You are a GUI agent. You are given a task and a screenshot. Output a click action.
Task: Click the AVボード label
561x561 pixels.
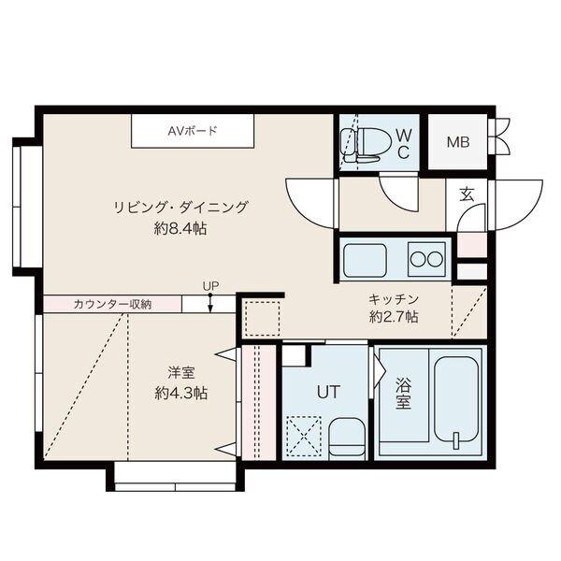193,131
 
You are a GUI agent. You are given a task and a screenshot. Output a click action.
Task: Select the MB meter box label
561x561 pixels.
457,142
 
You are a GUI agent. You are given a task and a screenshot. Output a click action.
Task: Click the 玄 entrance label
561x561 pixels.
466,194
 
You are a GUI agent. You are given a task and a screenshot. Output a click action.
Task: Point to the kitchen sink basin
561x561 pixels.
365,260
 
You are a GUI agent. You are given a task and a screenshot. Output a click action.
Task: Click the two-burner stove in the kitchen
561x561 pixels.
426,259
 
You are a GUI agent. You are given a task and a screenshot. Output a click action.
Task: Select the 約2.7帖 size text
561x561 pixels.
393,317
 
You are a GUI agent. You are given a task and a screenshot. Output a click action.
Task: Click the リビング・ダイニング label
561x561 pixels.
181,208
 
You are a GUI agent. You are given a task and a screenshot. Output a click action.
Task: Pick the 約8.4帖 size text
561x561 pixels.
181,229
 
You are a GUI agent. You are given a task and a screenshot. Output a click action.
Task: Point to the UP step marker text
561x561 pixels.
210,286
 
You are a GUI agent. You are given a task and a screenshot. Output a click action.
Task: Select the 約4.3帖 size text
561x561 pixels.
180,394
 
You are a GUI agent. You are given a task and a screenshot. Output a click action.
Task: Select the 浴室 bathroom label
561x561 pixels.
403,394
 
